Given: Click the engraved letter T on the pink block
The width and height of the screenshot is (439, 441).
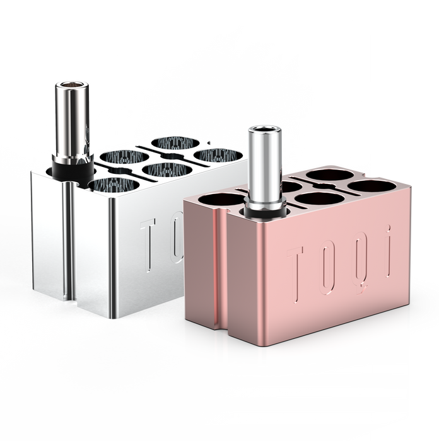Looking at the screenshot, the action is (x=296, y=272).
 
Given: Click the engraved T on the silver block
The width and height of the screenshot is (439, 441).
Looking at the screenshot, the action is (x=148, y=244).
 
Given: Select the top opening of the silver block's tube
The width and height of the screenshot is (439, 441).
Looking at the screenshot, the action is (x=72, y=84).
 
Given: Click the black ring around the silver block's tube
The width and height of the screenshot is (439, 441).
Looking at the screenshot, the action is (x=73, y=168).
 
